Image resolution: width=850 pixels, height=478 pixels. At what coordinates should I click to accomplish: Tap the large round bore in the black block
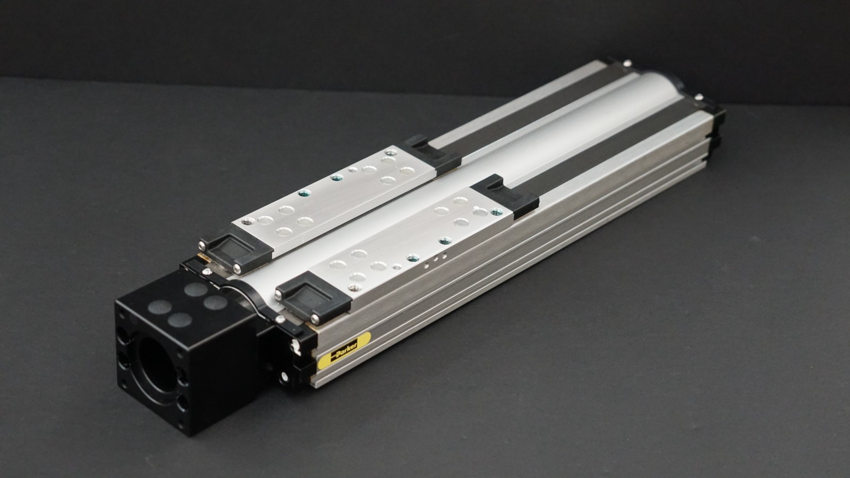pos(156,365)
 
